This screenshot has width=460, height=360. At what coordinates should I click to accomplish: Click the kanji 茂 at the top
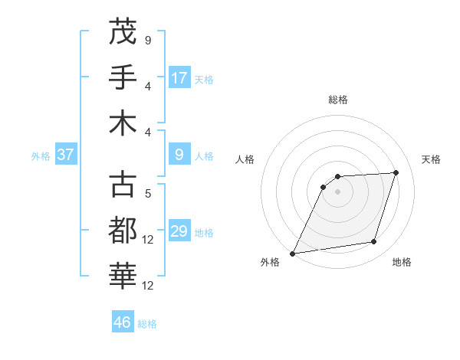tap(123, 31)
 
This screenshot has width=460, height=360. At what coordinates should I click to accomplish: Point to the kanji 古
tap(123, 184)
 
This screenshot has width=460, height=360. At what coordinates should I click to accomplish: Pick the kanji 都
tap(123, 229)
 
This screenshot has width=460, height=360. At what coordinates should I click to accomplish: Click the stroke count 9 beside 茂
tap(147, 40)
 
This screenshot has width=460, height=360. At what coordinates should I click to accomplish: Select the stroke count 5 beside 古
tap(147, 194)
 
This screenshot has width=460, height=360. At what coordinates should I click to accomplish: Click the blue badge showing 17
tap(179, 77)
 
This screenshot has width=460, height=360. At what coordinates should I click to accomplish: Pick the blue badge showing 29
tap(179, 231)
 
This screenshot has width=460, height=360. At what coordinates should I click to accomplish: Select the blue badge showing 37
tap(65, 155)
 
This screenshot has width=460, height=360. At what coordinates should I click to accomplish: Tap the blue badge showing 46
tap(123, 322)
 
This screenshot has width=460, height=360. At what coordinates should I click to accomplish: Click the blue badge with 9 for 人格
tap(179, 155)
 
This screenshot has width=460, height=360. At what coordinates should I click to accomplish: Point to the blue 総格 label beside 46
tap(147, 324)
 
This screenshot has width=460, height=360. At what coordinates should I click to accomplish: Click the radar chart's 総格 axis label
tap(337, 100)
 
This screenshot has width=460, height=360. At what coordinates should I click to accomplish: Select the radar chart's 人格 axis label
tap(245, 159)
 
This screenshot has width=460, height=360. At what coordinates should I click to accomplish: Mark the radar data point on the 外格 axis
tap(293, 254)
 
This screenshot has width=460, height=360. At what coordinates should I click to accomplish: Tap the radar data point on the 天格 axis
tap(396, 172)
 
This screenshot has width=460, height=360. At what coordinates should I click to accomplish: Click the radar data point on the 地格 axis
tap(374, 242)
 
